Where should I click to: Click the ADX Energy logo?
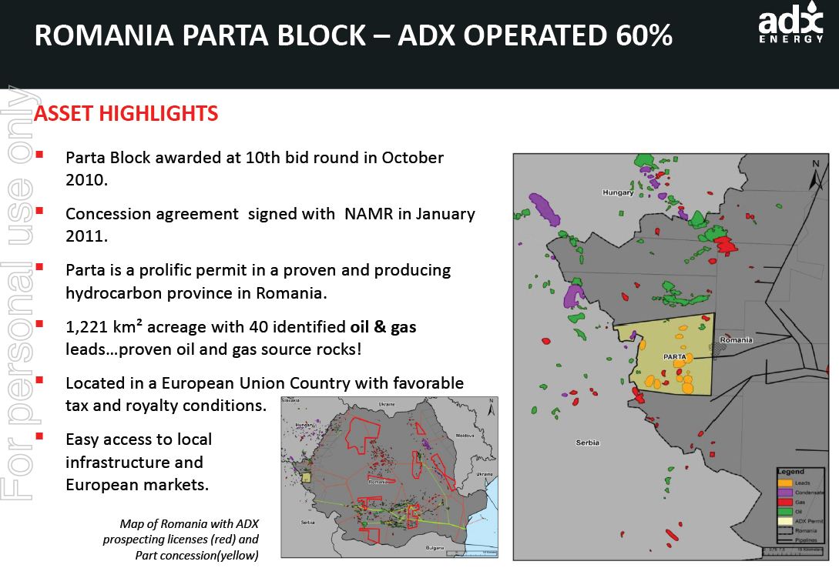(790, 26)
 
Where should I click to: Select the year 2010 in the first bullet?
(84, 179)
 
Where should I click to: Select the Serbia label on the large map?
(588, 443)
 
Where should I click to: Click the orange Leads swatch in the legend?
(784, 483)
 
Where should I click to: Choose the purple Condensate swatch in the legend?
(784, 493)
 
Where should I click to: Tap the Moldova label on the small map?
(465, 436)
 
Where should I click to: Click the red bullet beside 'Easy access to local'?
(39, 436)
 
